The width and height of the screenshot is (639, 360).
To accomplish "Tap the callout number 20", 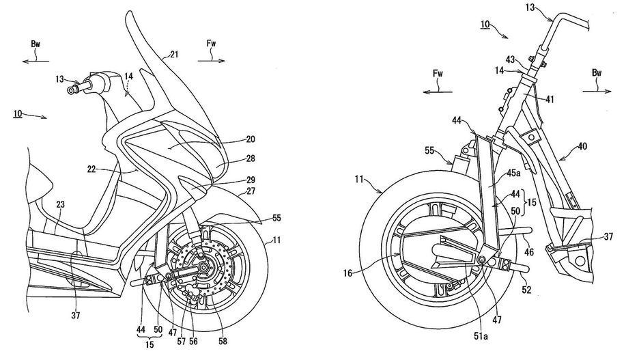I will click(x=250, y=139).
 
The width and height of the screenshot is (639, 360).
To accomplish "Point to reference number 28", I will click(x=250, y=158).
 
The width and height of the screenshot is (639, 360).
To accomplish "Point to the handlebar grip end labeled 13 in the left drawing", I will click(x=71, y=89).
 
